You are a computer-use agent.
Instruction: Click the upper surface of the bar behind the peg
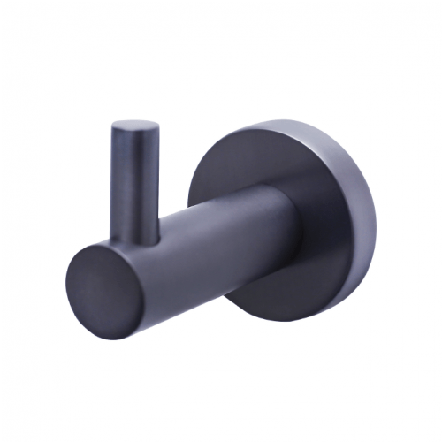[221, 205]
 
